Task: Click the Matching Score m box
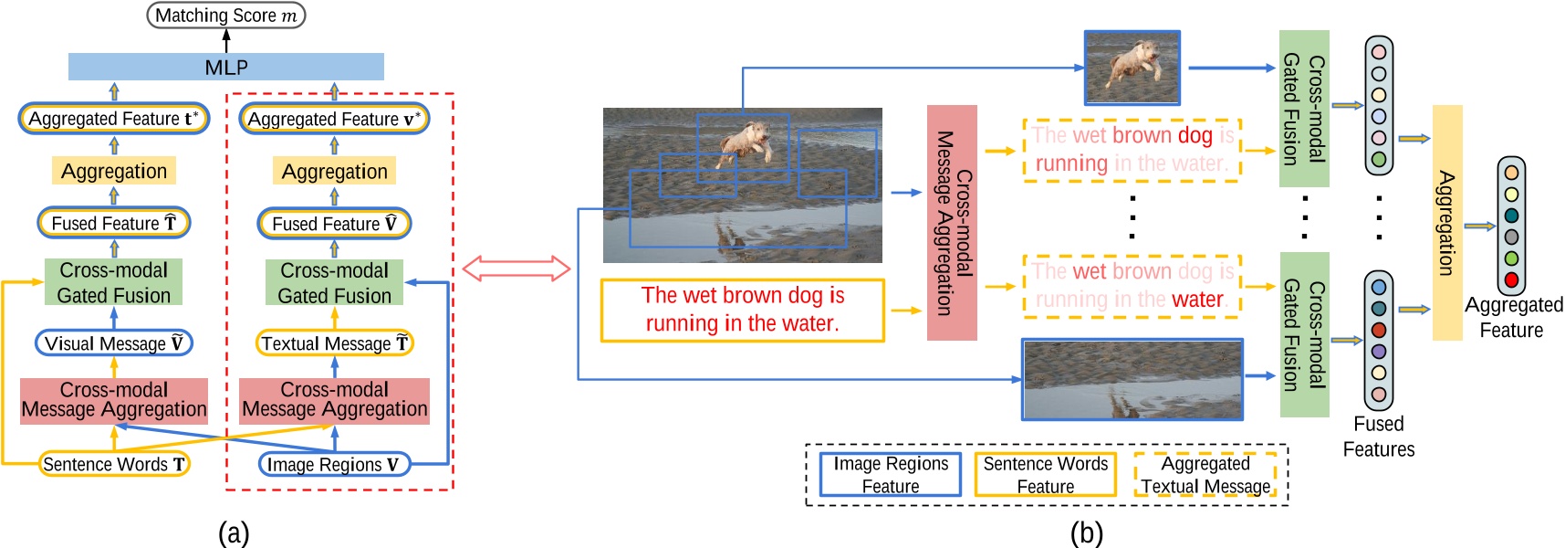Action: (x=226, y=16)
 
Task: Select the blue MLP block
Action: (x=226, y=67)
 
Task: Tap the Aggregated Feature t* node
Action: (x=114, y=119)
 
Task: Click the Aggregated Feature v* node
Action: (x=334, y=119)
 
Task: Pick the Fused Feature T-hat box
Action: (x=114, y=224)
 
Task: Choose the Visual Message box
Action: (x=114, y=343)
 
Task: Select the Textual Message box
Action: (x=334, y=343)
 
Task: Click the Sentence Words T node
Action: (x=114, y=464)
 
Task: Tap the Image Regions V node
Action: (x=334, y=464)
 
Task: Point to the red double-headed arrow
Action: (x=516, y=269)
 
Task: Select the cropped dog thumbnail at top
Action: (x=1132, y=68)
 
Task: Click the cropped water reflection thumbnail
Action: (x=1132, y=379)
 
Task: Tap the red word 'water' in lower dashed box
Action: (x=1197, y=300)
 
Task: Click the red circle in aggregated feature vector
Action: (x=1511, y=279)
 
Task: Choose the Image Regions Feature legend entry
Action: (x=891, y=475)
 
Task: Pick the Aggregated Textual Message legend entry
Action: (x=1205, y=475)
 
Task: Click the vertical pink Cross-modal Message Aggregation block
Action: (x=952, y=223)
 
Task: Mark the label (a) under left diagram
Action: (x=234, y=532)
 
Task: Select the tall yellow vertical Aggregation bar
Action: (x=1447, y=223)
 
